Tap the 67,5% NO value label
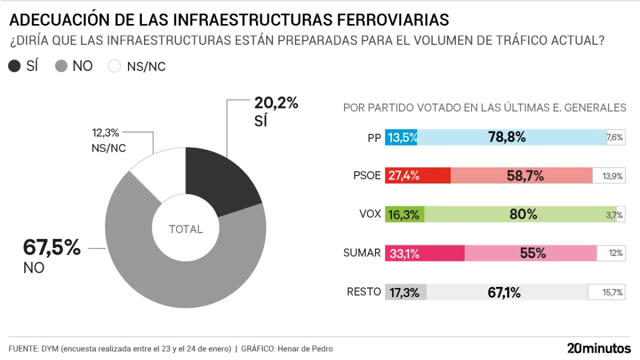pyautogui.click(x=52, y=248)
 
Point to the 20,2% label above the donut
pyautogui.click(x=276, y=103)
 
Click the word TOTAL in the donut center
pyautogui.click(x=186, y=229)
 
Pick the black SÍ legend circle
pyautogui.click(x=15, y=66)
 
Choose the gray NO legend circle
pyautogui.click(x=61, y=66)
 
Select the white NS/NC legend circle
pyautogui.click(x=114, y=66)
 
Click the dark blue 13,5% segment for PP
pyautogui.click(x=401, y=137)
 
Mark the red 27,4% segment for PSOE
pyautogui.click(x=417, y=175)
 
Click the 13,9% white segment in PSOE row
pyautogui.click(x=608, y=175)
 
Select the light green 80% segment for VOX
pyautogui.click(x=520, y=214)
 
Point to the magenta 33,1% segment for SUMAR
pyautogui.click(x=424, y=253)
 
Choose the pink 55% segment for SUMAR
pyautogui.click(x=530, y=253)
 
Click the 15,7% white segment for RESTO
pyautogui.click(x=606, y=292)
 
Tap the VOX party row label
pyautogui.click(x=370, y=214)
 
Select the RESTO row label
pyautogui.click(x=364, y=292)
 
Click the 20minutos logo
pyautogui.click(x=599, y=348)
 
